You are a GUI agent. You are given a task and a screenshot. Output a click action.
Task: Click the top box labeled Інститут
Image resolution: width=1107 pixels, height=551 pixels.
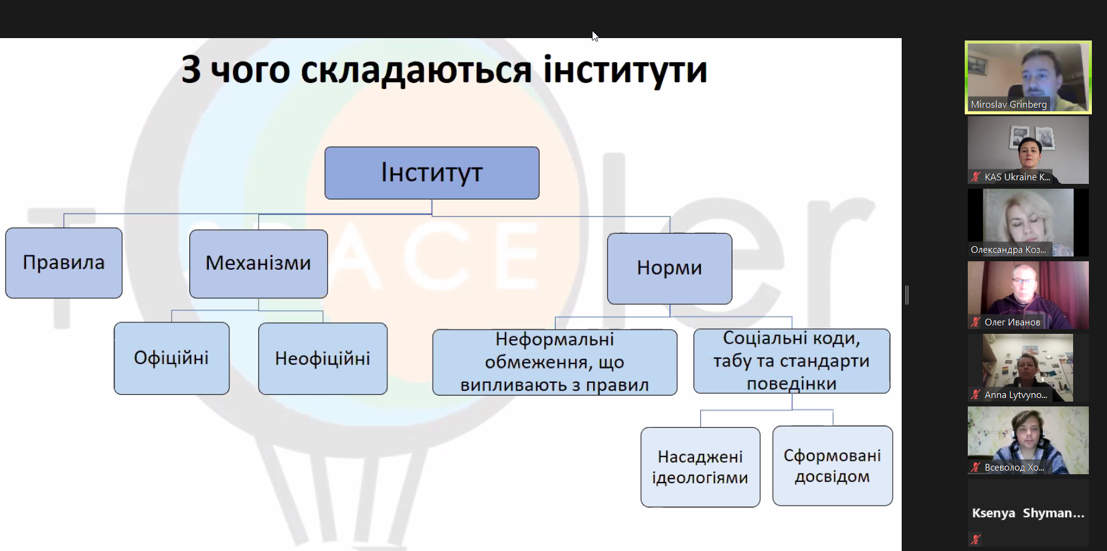432,173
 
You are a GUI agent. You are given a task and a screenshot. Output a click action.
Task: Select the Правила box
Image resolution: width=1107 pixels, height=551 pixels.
64,262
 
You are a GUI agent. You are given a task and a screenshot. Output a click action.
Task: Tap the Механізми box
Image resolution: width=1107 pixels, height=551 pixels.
258,263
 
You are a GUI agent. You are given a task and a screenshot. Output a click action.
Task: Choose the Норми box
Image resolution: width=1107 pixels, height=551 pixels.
669,268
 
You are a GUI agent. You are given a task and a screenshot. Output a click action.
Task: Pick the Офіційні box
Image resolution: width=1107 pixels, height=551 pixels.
171,358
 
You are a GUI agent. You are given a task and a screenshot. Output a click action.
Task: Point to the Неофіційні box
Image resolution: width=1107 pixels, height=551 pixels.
323,359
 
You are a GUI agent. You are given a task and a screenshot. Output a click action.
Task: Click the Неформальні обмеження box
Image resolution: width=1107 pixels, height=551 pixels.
554,362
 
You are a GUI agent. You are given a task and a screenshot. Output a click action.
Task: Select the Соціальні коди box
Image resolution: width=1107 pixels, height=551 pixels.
792,361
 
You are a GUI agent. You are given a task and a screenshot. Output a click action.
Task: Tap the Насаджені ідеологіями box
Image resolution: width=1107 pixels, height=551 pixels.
700,467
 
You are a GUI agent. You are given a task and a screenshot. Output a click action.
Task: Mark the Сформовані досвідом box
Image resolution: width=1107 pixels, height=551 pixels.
832,466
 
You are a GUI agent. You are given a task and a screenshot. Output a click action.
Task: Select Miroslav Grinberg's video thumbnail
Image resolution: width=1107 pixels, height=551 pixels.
1028,77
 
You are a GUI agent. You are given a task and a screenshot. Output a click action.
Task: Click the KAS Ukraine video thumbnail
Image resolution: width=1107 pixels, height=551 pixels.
1028,150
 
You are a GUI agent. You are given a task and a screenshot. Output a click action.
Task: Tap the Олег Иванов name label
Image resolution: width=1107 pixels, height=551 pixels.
1012,322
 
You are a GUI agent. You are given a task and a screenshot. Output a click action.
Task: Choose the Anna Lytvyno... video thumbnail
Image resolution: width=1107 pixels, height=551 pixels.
1028,368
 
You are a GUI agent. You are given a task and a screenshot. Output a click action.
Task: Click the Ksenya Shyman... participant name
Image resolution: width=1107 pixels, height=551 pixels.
1028,513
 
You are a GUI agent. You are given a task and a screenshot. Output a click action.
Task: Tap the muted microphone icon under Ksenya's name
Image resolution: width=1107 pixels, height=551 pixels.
975,540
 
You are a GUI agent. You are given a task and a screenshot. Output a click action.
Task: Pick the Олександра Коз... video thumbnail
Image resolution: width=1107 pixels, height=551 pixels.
1028,223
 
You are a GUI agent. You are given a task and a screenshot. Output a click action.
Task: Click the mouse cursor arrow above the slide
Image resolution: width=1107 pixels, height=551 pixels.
595,36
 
